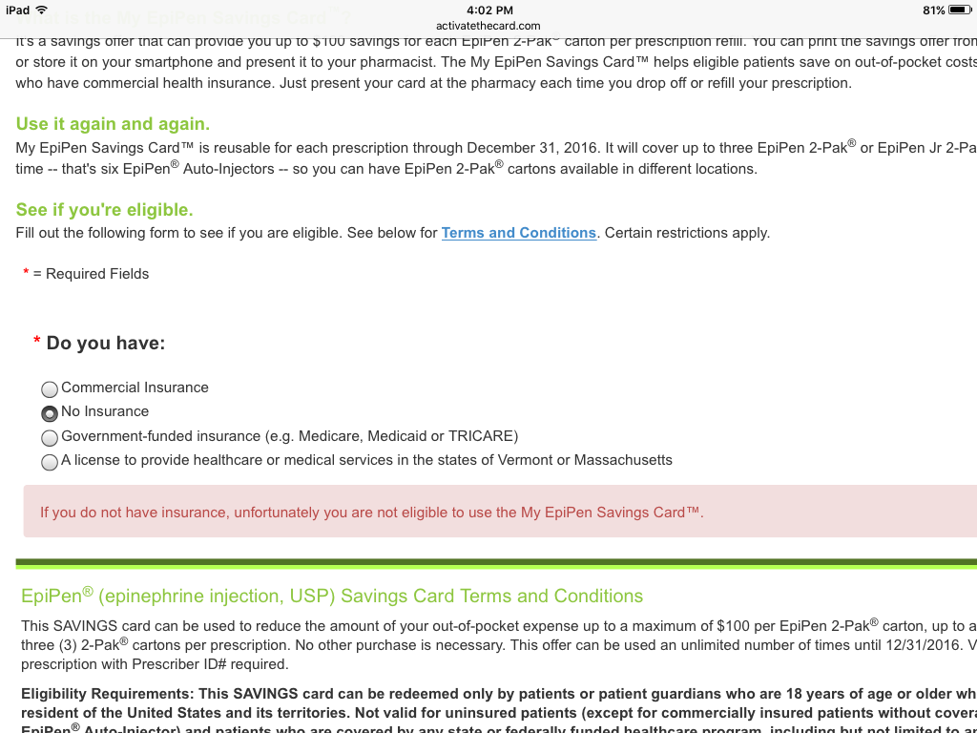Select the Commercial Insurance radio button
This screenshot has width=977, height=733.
[50, 389]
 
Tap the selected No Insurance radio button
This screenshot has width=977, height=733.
[50, 413]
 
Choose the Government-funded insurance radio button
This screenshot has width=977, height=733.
[50, 438]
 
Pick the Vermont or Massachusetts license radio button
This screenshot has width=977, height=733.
[50, 462]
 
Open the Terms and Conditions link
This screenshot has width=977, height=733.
[518, 233]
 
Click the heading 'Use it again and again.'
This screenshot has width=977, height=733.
[113, 124]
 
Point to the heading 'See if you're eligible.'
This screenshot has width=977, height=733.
[104, 210]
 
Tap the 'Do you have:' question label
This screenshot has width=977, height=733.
[105, 343]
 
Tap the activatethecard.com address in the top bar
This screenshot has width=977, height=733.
[488, 26]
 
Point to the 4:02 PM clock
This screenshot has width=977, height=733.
[488, 10]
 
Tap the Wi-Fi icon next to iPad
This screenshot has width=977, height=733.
[41, 10]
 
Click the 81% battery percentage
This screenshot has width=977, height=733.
[934, 10]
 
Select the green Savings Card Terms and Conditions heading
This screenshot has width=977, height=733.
[332, 597]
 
